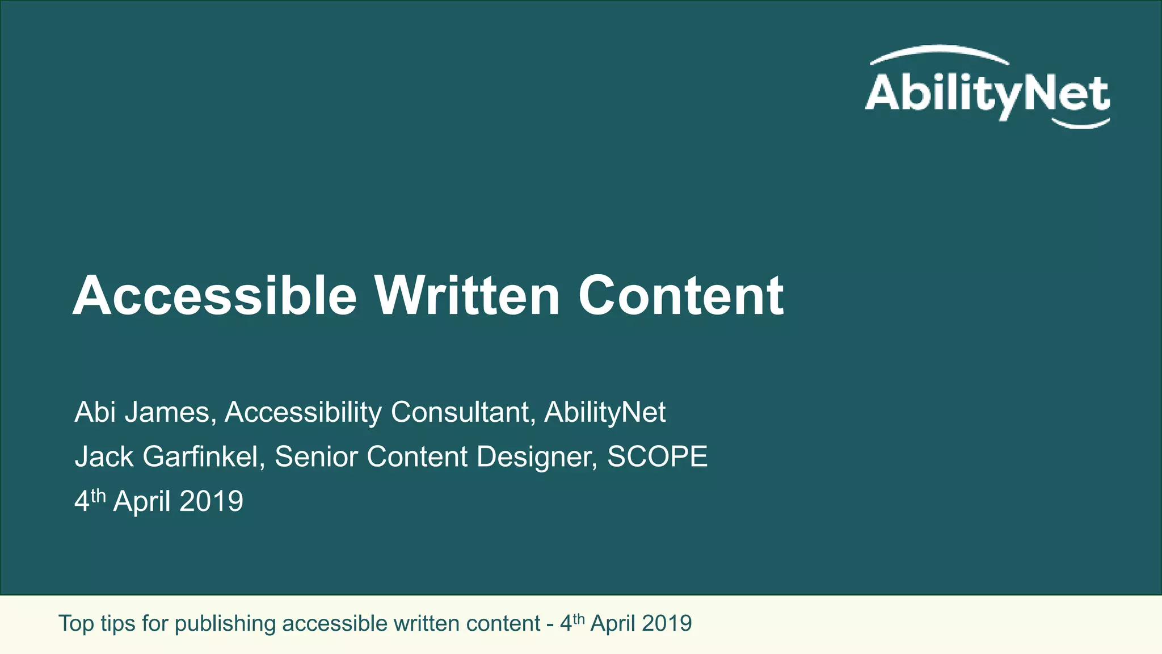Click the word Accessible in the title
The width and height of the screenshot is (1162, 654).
(x=215, y=296)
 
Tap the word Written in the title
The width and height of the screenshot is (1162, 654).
(x=467, y=296)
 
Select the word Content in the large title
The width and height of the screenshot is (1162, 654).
(x=681, y=296)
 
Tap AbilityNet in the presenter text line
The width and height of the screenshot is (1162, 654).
(x=605, y=412)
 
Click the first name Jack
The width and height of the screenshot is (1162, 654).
(x=104, y=457)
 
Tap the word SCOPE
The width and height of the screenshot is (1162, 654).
(x=658, y=457)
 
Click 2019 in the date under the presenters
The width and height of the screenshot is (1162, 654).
(x=211, y=502)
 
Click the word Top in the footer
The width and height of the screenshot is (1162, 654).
(x=76, y=624)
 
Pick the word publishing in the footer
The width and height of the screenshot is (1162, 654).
(x=225, y=624)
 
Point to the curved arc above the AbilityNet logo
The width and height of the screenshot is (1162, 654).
(x=939, y=52)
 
